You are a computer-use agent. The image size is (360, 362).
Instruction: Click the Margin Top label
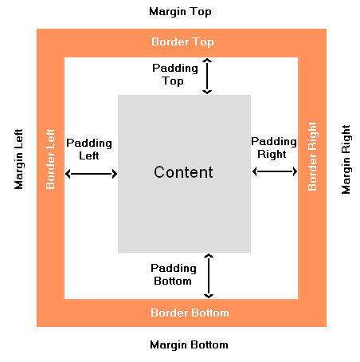[180, 12]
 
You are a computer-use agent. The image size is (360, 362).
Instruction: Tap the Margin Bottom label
[189, 344]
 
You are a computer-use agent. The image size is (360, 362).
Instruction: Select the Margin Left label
[18, 159]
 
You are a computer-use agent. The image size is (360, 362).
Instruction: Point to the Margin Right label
[346, 159]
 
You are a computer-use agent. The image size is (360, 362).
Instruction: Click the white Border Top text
[182, 42]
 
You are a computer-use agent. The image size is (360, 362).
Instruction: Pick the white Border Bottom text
[190, 313]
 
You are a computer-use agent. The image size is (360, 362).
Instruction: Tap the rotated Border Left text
[50, 159]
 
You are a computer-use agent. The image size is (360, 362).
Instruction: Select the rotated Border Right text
[312, 156]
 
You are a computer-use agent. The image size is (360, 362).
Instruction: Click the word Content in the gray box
[183, 172]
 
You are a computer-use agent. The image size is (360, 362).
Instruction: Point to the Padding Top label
[175, 74]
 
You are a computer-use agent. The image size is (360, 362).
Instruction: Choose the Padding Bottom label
[174, 274]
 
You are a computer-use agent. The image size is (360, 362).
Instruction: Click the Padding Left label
[89, 149]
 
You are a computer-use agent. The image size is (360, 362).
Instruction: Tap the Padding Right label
[274, 148]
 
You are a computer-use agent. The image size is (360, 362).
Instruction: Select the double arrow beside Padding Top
[207, 77]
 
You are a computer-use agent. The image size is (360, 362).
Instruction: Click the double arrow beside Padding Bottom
[209, 276]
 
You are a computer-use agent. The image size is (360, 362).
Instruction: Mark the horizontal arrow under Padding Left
[92, 174]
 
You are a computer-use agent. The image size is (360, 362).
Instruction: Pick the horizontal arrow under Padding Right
[275, 171]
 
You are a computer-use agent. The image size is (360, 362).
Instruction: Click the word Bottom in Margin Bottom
[209, 344]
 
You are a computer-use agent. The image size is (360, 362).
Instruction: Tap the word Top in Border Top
[203, 42]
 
